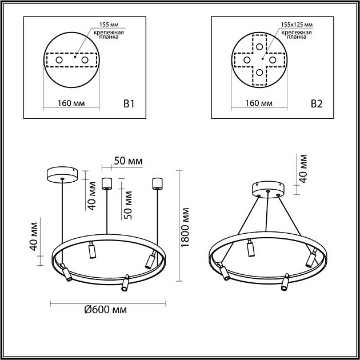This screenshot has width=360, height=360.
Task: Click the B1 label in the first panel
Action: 129,104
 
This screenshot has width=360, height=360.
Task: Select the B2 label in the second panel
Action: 317,104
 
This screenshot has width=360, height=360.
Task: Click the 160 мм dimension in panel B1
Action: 72,104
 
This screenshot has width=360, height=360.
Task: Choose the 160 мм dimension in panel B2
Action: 259,104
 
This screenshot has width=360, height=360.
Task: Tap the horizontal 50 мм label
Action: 128,161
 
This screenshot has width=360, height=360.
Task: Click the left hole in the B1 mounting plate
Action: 59,59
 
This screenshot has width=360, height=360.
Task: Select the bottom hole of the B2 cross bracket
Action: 259,73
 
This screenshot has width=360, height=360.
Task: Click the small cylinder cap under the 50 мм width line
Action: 106,183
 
